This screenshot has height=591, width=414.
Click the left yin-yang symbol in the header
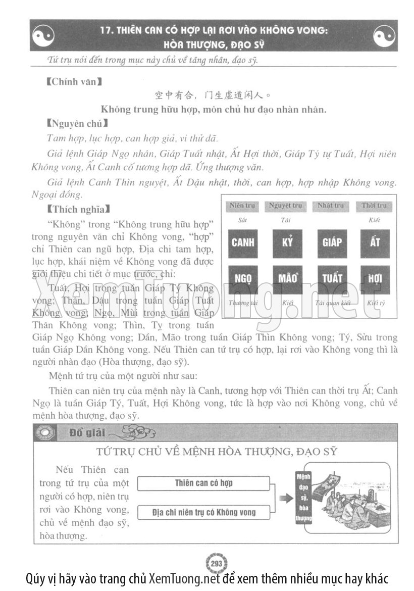[x=43, y=36]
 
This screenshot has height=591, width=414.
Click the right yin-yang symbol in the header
[x=385, y=36]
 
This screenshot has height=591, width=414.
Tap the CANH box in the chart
[x=243, y=242]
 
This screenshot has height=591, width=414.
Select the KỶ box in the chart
[x=287, y=242]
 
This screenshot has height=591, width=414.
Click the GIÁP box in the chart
[x=332, y=242]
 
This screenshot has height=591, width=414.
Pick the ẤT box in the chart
[x=375, y=242]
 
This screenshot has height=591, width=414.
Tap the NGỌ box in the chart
[x=243, y=279]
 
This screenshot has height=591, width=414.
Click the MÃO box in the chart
[x=287, y=279]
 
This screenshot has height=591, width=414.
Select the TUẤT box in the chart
[x=332, y=279]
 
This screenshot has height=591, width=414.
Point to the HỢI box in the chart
[x=375, y=279]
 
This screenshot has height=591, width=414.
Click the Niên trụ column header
[x=243, y=206]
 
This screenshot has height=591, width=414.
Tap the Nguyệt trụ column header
[x=285, y=206]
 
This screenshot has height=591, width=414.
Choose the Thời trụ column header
[x=374, y=206]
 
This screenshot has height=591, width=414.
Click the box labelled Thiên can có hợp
[x=204, y=483]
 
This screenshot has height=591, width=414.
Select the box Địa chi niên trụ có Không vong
[x=204, y=512]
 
